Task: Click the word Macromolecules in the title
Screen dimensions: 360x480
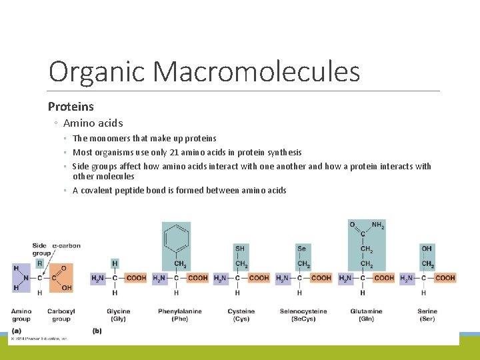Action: (x=256, y=72)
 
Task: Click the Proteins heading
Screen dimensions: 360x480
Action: (x=71, y=107)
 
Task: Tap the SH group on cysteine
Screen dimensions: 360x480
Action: (x=240, y=249)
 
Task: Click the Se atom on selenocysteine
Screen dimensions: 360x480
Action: (x=301, y=249)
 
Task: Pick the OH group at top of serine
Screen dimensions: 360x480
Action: (x=427, y=249)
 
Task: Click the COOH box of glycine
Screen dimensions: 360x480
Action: (x=135, y=278)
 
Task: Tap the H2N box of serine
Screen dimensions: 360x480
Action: (x=407, y=278)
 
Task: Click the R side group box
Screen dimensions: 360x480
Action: (x=39, y=264)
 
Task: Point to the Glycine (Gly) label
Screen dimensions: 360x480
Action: (x=118, y=315)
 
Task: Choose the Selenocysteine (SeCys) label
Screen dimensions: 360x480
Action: (x=303, y=315)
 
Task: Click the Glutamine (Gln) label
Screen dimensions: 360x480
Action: (x=366, y=315)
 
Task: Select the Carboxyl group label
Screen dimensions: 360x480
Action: (x=61, y=315)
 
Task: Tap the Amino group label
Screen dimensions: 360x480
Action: (x=21, y=315)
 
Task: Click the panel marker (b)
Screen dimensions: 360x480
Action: (x=97, y=331)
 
